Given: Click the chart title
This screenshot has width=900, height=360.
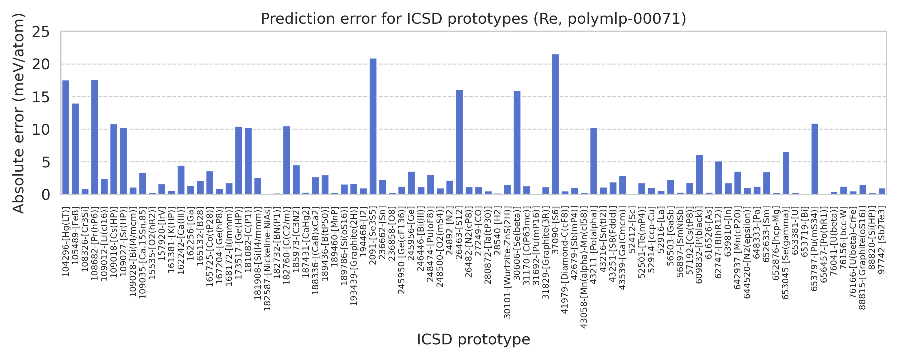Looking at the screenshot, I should tap(473, 19).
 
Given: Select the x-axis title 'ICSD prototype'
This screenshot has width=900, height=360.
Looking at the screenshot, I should tap(473, 339).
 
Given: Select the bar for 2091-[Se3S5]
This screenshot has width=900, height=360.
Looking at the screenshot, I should tap(373, 126).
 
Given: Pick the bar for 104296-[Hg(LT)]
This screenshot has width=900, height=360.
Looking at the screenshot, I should tap(66, 137).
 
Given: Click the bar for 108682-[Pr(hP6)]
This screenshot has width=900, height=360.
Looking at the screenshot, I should tap(95, 137).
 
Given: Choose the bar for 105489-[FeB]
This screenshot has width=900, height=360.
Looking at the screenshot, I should tap(76, 149).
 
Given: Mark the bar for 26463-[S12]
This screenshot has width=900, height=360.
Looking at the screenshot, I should tap(459, 142).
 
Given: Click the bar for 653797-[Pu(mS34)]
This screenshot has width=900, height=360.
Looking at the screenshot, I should tap(815, 159).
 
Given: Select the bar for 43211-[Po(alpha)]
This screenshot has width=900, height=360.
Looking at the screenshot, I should tap(594, 161).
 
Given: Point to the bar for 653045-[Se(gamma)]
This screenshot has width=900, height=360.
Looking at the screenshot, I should tap(786, 173).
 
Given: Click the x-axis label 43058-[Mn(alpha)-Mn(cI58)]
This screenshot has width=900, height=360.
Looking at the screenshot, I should tap(584, 267).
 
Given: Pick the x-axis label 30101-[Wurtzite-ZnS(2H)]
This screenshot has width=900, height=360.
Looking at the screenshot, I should tap(507, 262).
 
